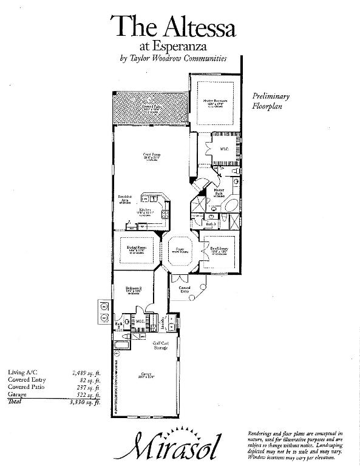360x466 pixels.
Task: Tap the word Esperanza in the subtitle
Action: pyautogui.click(x=189, y=46)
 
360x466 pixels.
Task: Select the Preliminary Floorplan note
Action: pyautogui.click(x=271, y=101)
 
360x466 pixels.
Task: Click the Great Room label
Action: pyautogui.click(x=151, y=155)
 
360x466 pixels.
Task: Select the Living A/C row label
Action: pyautogui.click(x=21, y=372)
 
